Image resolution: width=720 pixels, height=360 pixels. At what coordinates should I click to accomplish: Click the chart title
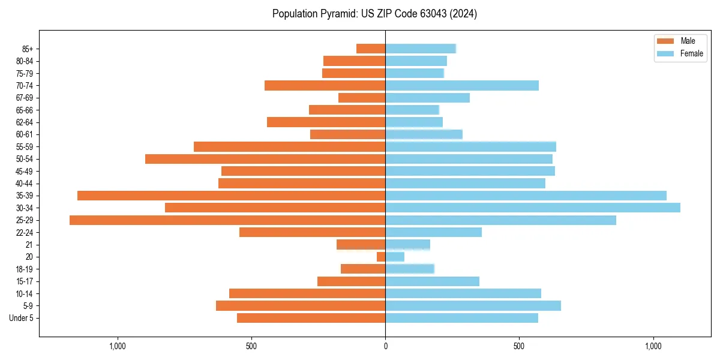[374, 14]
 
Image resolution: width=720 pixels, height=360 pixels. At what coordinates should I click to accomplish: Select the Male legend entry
[688, 41]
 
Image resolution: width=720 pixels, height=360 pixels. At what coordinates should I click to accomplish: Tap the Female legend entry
[691, 53]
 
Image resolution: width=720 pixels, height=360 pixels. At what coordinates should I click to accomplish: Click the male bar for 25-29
[227, 220]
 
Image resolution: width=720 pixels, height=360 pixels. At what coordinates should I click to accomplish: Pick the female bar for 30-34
[533, 208]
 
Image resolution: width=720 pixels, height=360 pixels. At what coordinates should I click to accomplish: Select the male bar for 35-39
[231, 196]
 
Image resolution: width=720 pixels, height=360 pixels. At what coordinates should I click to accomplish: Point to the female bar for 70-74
[462, 86]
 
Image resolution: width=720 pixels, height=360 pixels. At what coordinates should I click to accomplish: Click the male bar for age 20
[381, 257]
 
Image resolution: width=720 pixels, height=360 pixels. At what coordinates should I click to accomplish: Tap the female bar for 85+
[421, 49]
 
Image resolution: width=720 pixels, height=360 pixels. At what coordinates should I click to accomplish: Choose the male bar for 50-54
[265, 159]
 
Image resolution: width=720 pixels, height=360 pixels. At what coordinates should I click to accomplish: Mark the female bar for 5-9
[473, 306]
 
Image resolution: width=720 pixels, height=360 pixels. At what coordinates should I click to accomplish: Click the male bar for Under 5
[311, 318]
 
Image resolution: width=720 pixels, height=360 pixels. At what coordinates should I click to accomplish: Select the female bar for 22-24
[433, 232]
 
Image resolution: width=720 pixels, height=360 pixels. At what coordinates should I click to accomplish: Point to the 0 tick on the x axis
[385, 346]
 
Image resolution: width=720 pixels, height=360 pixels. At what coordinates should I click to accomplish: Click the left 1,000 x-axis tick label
[118, 346]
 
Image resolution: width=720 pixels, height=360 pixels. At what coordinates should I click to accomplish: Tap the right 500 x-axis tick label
[520, 346]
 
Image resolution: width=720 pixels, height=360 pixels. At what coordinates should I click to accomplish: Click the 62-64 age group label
[25, 122]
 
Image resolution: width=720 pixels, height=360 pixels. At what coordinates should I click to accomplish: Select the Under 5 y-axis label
[21, 318]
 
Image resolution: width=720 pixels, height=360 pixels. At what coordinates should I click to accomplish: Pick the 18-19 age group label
[25, 269]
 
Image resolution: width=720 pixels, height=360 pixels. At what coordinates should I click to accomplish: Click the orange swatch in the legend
[666, 41]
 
